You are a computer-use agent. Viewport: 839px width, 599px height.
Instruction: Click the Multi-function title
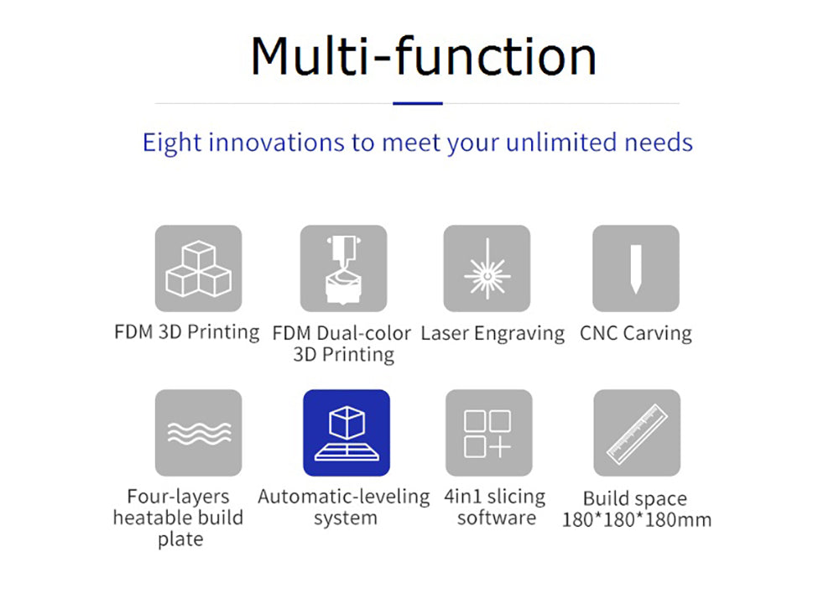pyautogui.click(x=423, y=56)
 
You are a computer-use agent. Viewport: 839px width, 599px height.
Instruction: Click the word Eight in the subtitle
pyautogui.click(x=172, y=143)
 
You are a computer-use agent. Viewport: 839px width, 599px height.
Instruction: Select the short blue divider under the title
pyautogui.click(x=417, y=103)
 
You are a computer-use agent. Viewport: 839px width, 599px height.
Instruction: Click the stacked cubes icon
pyautogui.click(x=199, y=268)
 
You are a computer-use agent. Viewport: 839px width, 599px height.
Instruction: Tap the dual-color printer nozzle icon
pyautogui.click(x=343, y=268)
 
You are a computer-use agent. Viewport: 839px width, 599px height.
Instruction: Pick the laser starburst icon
pyautogui.click(x=487, y=268)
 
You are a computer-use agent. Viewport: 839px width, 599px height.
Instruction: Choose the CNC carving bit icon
pyautogui.click(x=636, y=268)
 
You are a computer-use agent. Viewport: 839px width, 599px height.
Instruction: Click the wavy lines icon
pyautogui.click(x=199, y=433)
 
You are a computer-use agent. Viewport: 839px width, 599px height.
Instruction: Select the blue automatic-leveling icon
pyautogui.click(x=347, y=433)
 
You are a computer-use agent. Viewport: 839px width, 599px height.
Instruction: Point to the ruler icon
pyautogui.click(x=637, y=433)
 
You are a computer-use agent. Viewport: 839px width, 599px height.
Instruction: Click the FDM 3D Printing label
pyautogui.click(x=187, y=332)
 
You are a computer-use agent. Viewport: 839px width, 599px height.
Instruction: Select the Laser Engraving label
pyautogui.click(x=492, y=333)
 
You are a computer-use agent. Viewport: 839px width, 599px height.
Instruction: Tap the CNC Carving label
pyautogui.click(x=636, y=333)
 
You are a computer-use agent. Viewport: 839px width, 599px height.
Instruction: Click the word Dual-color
pyautogui.click(x=364, y=333)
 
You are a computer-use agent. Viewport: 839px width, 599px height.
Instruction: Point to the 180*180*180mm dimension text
pyautogui.click(x=637, y=519)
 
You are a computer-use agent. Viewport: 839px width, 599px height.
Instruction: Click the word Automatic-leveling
pyautogui.click(x=343, y=497)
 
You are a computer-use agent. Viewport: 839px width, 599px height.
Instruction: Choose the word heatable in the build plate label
pyautogui.click(x=147, y=517)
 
